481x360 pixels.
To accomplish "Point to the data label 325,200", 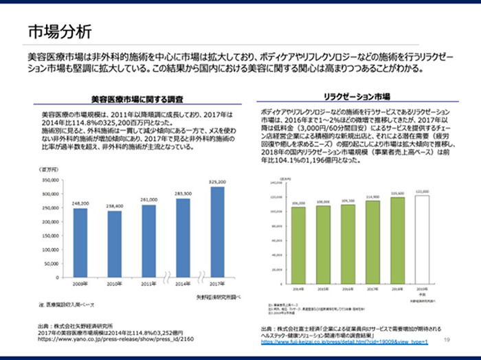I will click(217, 181).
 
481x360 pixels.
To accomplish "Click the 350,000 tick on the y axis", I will click(52, 179).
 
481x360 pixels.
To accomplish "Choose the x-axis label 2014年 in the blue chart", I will click(183, 282).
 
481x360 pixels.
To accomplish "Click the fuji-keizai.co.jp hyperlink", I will click(344, 341).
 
